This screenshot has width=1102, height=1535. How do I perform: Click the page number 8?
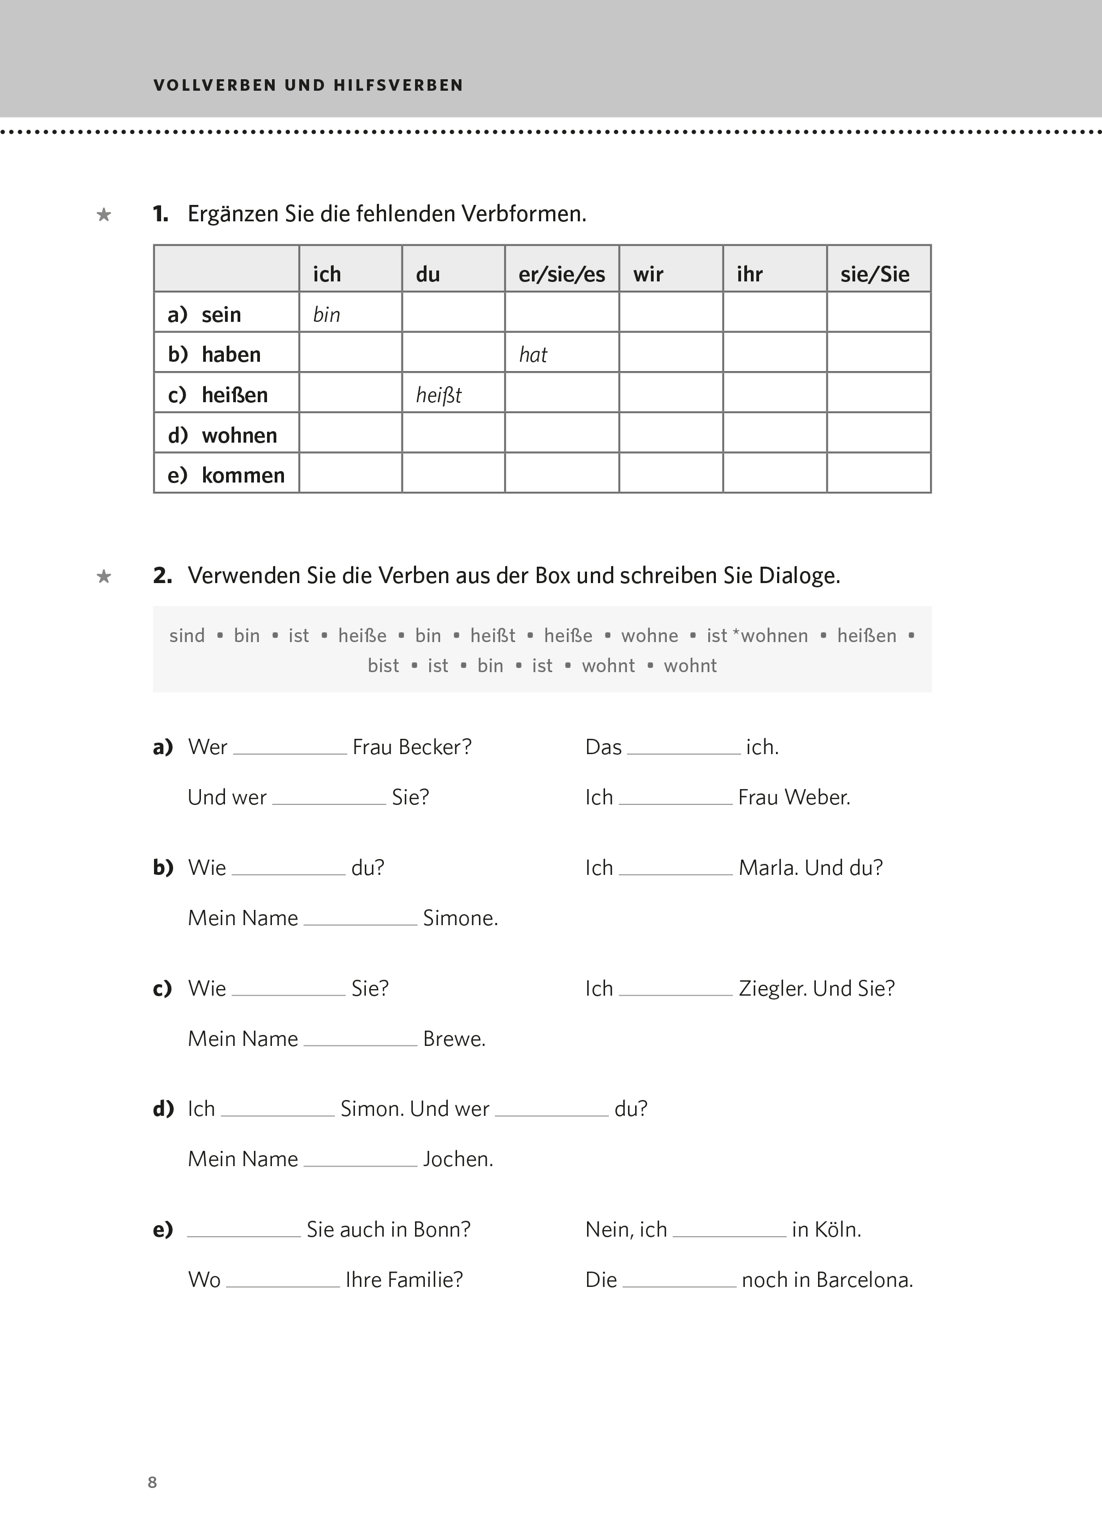click(152, 1481)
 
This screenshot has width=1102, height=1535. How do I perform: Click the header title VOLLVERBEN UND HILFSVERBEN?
click(309, 85)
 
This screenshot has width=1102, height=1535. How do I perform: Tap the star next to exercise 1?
click(104, 215)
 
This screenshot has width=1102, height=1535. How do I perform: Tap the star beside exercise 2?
click(104, 577)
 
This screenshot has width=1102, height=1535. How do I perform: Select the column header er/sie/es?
click(561, 274)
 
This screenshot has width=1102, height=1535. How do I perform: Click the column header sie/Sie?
click(875, 274)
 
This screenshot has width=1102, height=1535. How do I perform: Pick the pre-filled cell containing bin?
click(327, 315)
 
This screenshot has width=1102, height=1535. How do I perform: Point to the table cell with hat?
click(533, 355)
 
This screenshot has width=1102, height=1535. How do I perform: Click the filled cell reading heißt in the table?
click(439, 395)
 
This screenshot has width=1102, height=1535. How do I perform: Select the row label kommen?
click(243, 475)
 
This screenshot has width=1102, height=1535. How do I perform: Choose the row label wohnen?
click(240, 435)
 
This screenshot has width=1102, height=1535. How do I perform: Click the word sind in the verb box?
click(187, 636)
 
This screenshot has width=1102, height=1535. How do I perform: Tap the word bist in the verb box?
click(383, 666)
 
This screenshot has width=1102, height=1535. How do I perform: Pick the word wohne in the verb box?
click(649, 636)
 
